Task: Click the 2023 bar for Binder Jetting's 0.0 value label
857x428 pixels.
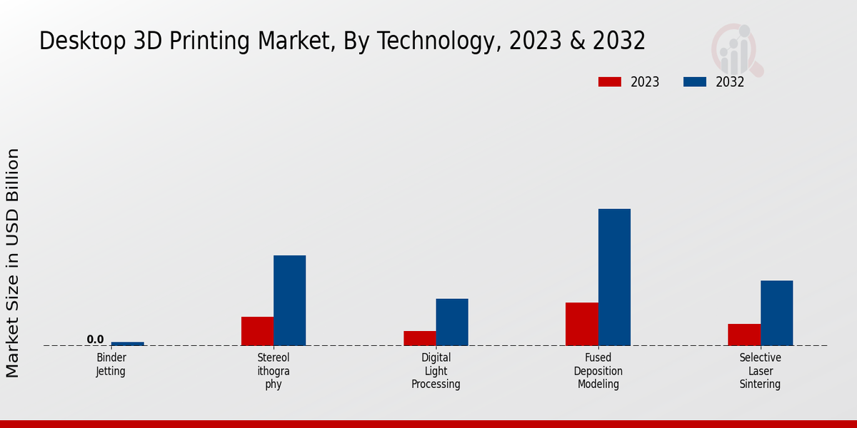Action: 95,340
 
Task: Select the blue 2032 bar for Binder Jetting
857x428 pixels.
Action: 127,344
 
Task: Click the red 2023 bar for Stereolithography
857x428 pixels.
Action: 257,331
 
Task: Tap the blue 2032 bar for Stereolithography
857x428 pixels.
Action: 289,300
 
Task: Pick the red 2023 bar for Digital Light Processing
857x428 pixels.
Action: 419,338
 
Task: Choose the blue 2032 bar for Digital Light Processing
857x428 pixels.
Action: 452,322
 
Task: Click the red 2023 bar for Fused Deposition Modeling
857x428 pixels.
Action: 581,324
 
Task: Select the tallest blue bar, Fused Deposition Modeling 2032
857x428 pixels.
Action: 614,277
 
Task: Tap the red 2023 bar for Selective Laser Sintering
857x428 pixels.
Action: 743,335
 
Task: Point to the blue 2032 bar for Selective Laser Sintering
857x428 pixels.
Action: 776,312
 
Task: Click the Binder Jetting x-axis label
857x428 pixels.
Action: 111,364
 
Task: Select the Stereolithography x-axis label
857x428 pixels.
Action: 274,370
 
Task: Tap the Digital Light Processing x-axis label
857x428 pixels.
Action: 436,370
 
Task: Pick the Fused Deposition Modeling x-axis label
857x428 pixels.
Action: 598,370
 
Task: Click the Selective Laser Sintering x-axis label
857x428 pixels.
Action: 760,370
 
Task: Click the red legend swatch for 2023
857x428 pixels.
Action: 609,82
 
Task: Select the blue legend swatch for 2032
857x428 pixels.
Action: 694,82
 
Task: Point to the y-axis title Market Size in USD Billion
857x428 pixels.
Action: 13,263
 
